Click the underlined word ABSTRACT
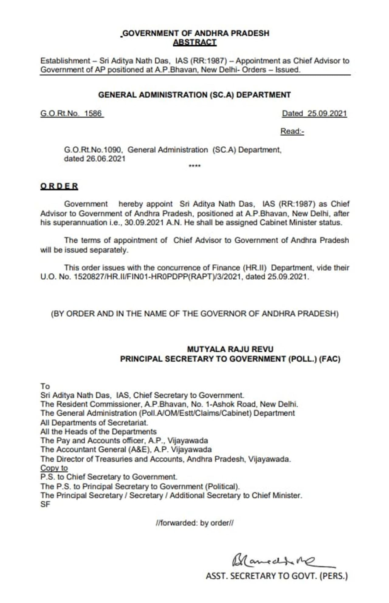(x=194, y=42)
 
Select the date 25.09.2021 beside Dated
(x=327, y=113)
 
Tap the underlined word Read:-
(x=292, y=131)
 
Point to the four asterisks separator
(x=194, y=166)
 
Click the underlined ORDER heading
(x=59, y=186)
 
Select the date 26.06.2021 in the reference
(x=106, y=159)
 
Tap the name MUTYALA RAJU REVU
(x=230, y=349)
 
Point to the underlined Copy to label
(x=54, y=468)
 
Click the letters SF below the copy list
(x=45, y=504)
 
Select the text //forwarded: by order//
(x=194, y=523)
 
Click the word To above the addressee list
(x=45, y=386)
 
